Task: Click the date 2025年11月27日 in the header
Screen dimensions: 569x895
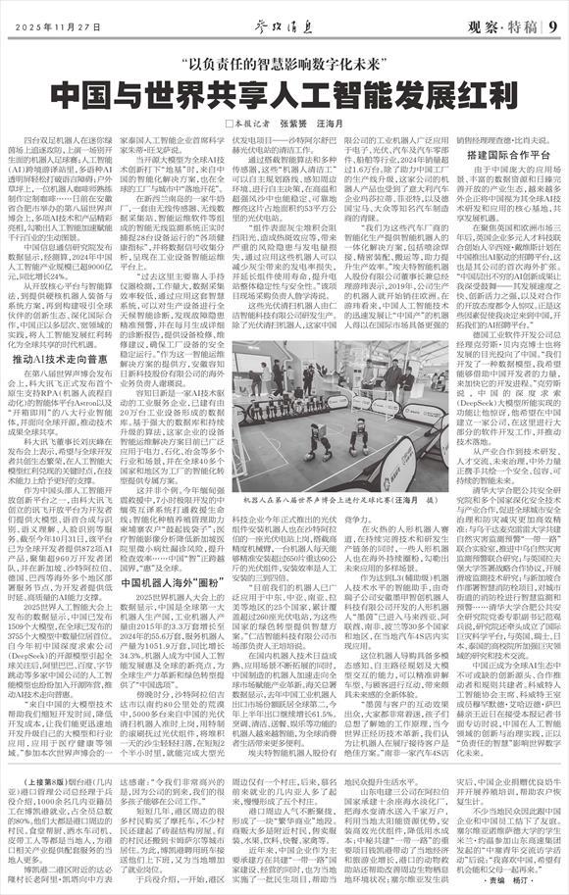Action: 62,26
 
